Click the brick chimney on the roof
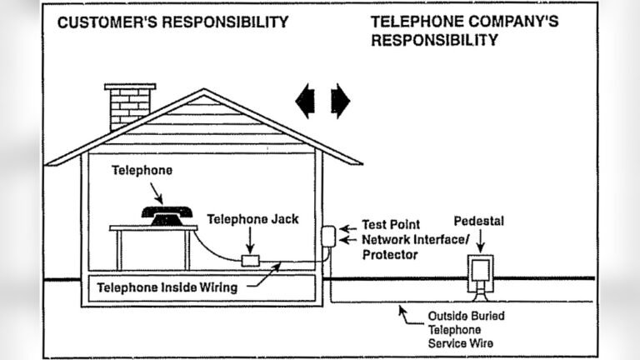130,105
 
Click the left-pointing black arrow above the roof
307,101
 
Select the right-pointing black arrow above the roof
340,101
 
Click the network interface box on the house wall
327,236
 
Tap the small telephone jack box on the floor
250,261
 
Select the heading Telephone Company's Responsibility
463,31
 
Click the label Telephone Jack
252,220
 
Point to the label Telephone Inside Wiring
167,287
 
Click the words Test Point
392,225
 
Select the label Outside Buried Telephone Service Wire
466,329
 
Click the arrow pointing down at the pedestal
479,241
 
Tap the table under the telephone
154,237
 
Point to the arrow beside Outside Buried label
408,314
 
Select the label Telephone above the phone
142,170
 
